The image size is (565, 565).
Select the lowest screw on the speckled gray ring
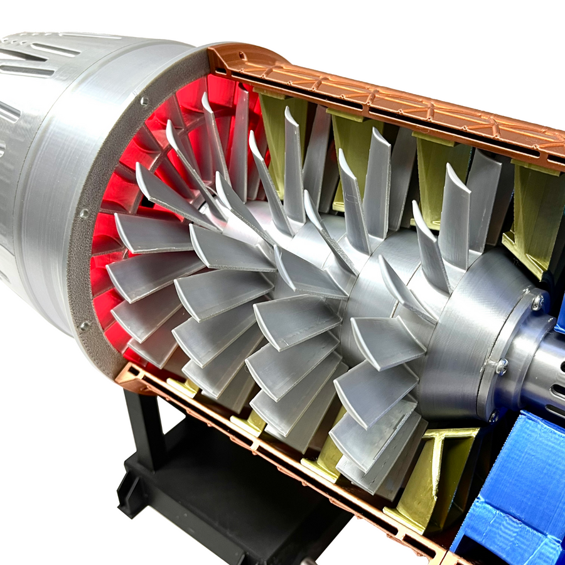(x=82, y=326)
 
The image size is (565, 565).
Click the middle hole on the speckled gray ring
(x=84, y=213)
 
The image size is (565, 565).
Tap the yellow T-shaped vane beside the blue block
(x=439, y=465)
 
